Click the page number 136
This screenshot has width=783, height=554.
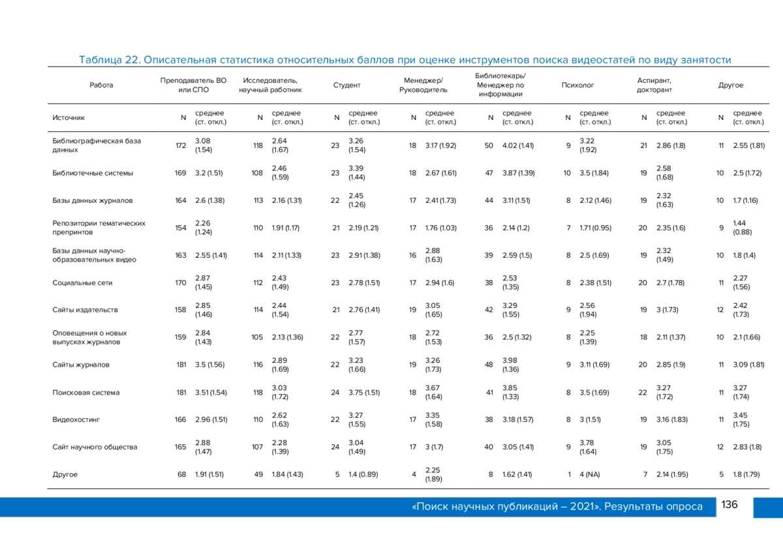[x=729, y=504]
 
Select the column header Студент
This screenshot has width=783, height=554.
[x=346, y=85]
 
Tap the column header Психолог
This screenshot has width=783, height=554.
[x=577, y=85]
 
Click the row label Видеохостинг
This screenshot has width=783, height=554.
[x=76, y=420]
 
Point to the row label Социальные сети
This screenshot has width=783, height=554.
[x=82, y=283]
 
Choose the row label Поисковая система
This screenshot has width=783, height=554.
[x=86, y=392]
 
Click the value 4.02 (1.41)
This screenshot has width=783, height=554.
[x=518, y=146]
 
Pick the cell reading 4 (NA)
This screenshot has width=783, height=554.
[x=590, y=474]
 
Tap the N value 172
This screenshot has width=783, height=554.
[x=181, y=146]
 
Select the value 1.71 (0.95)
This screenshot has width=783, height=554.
[x=595, y=228]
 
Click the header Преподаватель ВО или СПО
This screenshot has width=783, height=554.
[x=193, y=85]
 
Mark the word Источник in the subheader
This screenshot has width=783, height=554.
[x=69, y=118]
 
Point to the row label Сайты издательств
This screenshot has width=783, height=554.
[x=85, y=310]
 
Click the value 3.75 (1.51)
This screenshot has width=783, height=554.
[x=364, y=392]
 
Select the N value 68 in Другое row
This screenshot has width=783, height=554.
[x=182, y=474]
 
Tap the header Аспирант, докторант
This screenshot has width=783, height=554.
[x=654, y=85]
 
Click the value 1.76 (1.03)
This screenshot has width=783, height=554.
[x=441, y=228]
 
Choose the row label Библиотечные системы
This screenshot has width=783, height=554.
[x=93, y=173]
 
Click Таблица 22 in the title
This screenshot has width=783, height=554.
[x=110, y=60]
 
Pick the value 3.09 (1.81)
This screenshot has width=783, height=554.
[x=749, y=365]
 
